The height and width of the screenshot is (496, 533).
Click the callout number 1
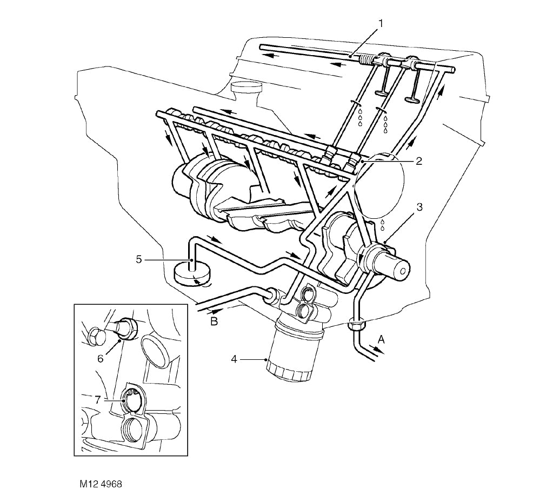[x=381, y=23]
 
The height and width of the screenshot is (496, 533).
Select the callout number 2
[x=418, y=161]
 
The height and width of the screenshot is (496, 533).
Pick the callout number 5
[x=139, y=260]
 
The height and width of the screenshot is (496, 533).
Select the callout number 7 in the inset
[x=98, y=400]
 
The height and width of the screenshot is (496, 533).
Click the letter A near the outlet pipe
[x=381, y=339]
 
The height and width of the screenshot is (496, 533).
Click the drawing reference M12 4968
[x=100, y=483]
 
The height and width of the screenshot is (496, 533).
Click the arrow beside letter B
[x=215, y=312]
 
